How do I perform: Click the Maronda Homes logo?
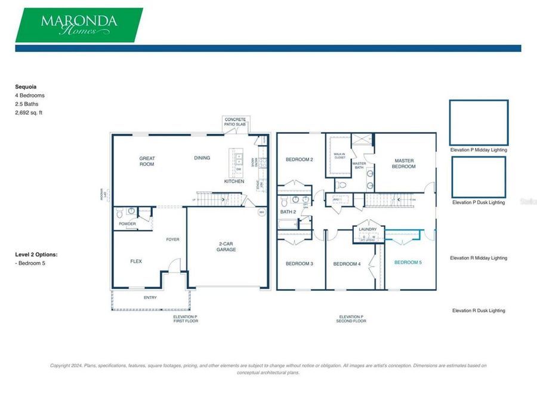pyautogui.click(x=79, y=25)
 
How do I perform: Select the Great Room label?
pyautogui.click(x=147, y=161)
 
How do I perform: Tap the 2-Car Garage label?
pyautogui.click(x=226, y=247)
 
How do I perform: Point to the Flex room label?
pyautogui.click(x=136, y=262)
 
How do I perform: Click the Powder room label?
pyautogui.click(x=127, y=224)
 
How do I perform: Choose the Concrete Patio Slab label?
pyautogui.click(x=235, y=122)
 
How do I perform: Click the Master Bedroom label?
pyautogui.click(x=404, y=163)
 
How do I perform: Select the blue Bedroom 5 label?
pyautogui.click(x=408, y=263)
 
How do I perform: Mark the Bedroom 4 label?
pyautogui.click(x=346, y=264)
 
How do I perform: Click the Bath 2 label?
pyautogui.click(x=288, y=212)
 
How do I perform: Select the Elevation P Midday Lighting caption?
pyautogui.click(x=479, y=150)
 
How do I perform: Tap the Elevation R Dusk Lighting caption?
pyautogui.click(x=479, y=310)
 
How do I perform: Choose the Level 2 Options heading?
pyautogui.click(x=36, y=254)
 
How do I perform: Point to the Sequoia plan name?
pyautogui.click(x=26, y=86)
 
